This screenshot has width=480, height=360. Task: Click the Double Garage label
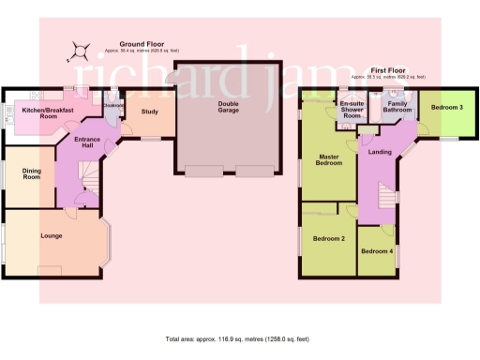point(228,107)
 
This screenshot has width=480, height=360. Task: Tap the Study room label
point(149,112)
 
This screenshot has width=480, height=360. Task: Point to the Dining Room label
point(24,173)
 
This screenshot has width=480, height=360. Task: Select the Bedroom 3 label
point(446,108)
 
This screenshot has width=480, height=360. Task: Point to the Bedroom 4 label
point(376,252)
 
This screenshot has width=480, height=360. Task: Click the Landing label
point(380,152)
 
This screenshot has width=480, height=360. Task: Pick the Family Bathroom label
point(396,108)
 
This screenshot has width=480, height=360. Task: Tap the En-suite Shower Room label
point(352,107)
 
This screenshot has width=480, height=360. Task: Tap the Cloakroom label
point(114,106)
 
